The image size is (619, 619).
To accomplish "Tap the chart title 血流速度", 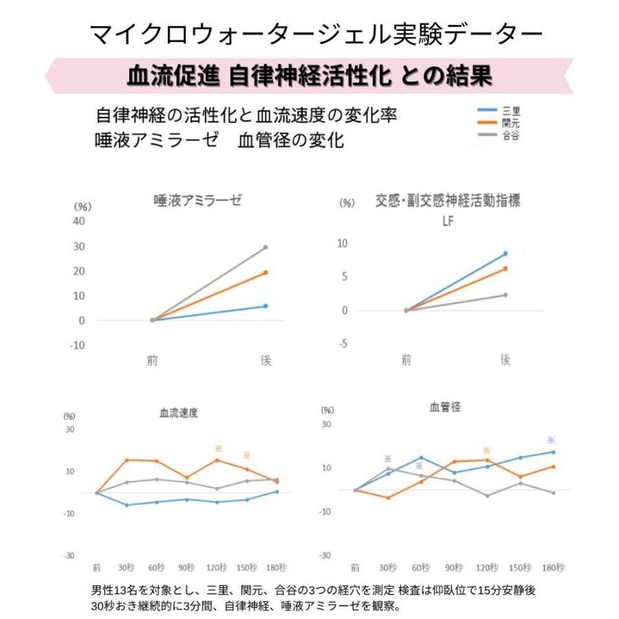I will click(x=179, y=413).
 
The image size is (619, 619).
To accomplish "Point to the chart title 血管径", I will click(x=445, y=407).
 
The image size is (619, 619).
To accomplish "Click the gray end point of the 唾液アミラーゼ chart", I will click(x=266, y=247).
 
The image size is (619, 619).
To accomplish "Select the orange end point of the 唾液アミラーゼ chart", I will click(x=266, y=272).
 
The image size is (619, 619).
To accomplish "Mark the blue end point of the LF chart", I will click(x=505, y=254).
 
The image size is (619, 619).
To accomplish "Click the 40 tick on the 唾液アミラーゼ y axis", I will click(x=79, y=222).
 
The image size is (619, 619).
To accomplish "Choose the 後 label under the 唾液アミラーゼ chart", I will click(x=266, y=360).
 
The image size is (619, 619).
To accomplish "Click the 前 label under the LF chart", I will click(x=406, y=360).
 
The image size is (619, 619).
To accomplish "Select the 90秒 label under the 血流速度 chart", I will click(x=187, y=568).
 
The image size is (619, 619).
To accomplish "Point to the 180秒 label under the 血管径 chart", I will click(x=553, y=568).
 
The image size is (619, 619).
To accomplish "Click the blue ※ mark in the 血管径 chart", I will click(x=551, y=440).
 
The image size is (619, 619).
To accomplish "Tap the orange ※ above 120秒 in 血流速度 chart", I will click(x=218, y=448).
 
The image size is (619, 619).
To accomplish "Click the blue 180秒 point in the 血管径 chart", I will click(x=553, y=452).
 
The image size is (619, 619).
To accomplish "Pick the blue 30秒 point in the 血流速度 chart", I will click(x=127, y=505).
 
